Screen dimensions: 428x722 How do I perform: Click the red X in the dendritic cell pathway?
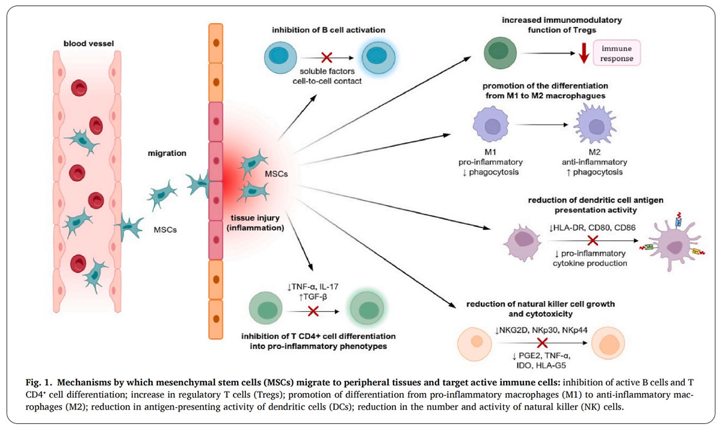coord(591,241)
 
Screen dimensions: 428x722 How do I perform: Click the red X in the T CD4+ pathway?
coord(313,311)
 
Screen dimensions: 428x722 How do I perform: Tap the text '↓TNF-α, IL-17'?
coord(313,287)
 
